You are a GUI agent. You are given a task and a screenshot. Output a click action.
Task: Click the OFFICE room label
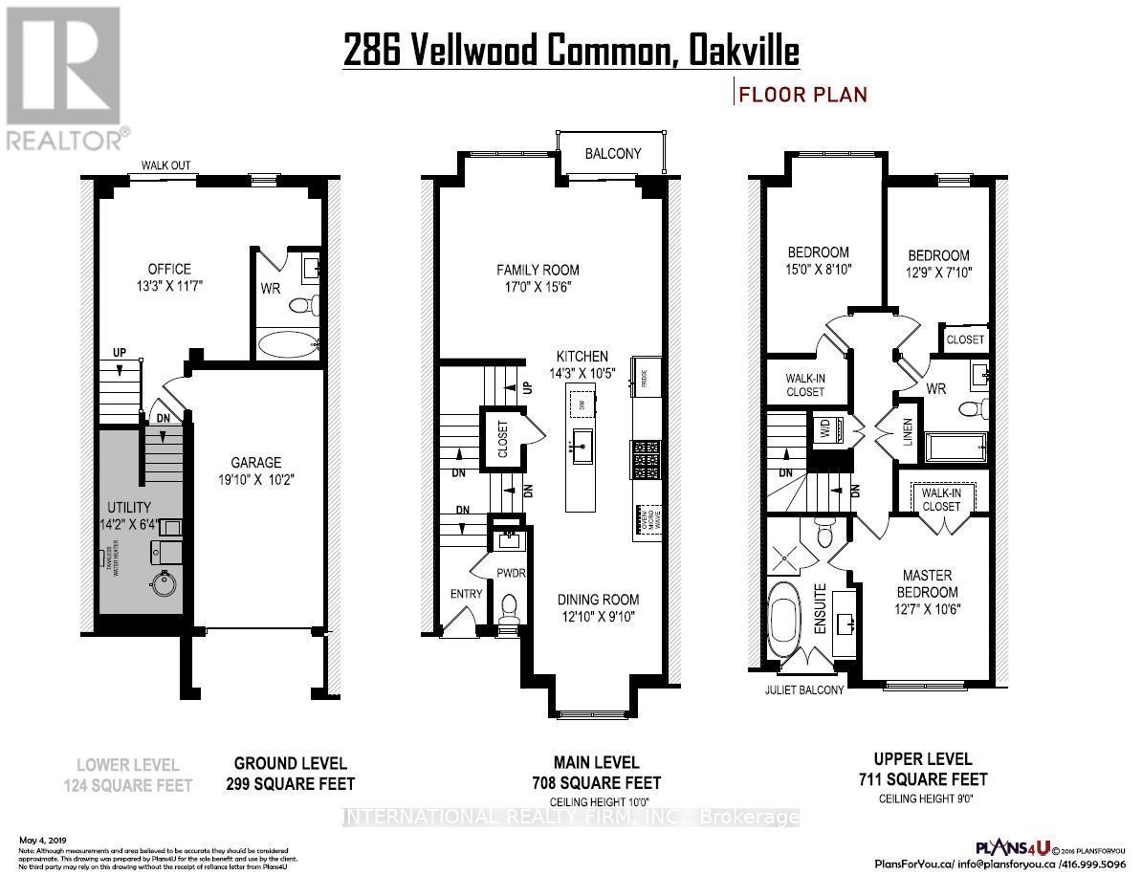coord(168,269)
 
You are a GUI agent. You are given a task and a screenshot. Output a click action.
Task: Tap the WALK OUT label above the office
coord(166,165)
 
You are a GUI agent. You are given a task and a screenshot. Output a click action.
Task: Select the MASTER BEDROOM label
coord(927,582)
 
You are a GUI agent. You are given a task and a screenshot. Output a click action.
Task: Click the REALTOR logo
coord(64,77)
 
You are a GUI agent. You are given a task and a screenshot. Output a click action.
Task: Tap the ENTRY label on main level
coord(466,594)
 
